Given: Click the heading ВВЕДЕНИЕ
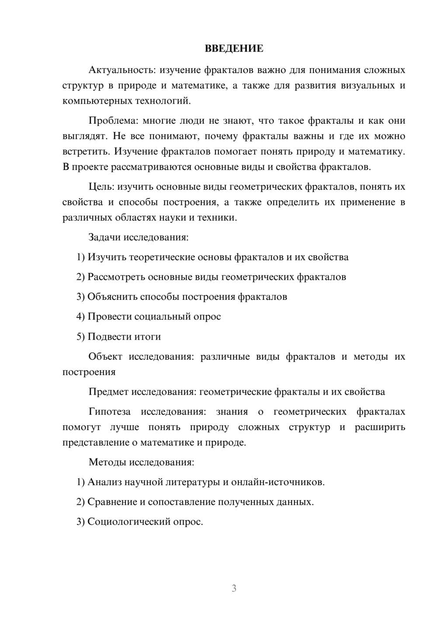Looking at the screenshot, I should pos(234,49).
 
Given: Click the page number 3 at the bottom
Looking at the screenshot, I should pos(234,588).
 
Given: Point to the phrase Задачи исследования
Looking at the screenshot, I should pos(138,237).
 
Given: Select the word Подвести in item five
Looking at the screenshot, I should pos(107,337).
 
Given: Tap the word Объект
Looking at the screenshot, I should pos(105,357).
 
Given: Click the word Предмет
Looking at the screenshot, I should pos(108,392).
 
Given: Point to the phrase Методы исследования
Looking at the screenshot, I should pos(141,462).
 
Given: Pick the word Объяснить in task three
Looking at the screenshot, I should pos(112,297).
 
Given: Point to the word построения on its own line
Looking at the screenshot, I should pos(89,372).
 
